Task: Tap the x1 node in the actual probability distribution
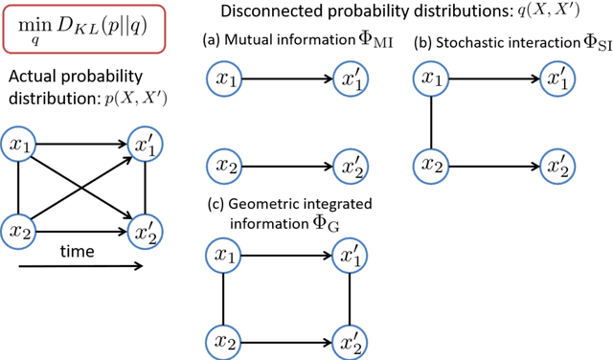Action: pyautogui.click(x=21, y=146)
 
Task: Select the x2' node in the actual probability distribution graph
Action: pyautogui.click(x=146, y=231)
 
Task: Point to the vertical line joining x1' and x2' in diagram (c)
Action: pyautogui.click(x=349, y=298)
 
